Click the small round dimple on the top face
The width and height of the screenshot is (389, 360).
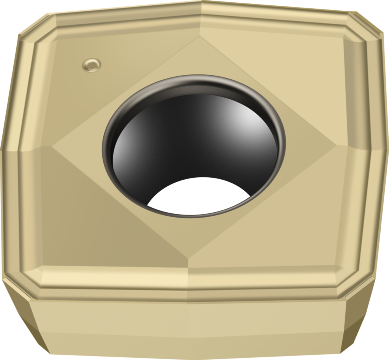[x=92, y=65]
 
